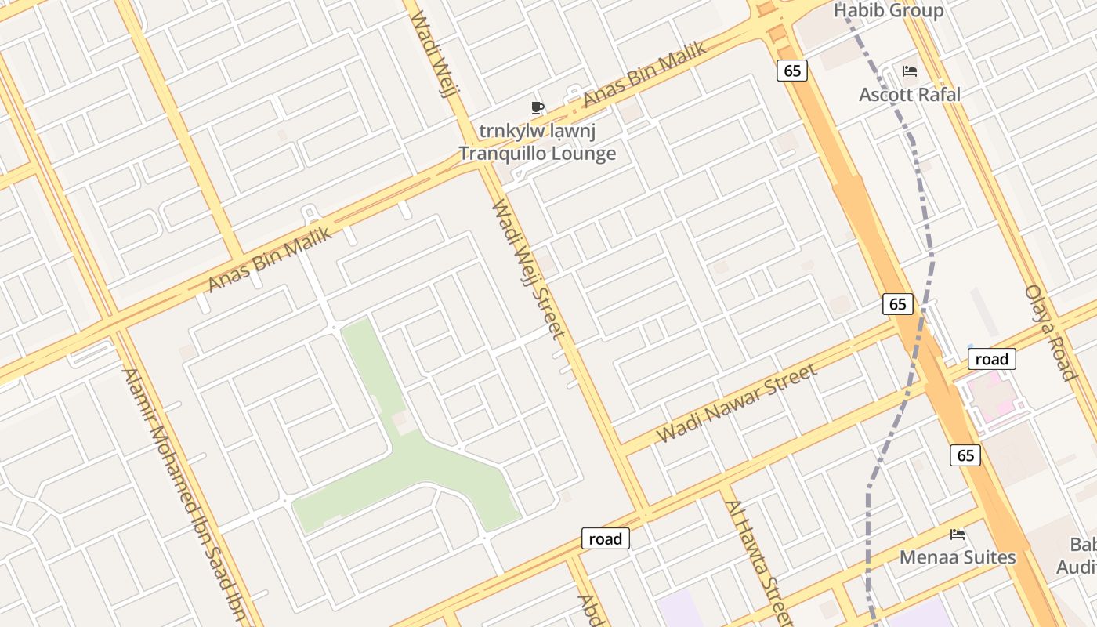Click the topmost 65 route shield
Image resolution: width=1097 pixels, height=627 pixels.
point(792,71)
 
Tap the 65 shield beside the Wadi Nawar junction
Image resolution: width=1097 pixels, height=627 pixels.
point(898,303)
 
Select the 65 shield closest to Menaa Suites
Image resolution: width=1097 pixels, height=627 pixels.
point(965,455)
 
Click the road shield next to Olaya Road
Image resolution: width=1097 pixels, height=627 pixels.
point(992,359)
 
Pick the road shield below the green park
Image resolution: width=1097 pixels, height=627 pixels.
point(605,538)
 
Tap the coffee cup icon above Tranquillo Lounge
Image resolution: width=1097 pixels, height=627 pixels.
point(537,107)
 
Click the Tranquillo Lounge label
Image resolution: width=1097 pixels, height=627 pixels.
point(537,153)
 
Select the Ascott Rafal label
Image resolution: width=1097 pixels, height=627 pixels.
point(909,94)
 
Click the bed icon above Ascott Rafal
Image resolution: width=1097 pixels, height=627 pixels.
point(909,71)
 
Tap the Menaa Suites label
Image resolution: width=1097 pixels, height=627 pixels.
point(957,557)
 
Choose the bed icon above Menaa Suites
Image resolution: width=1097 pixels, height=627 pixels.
point(957,535)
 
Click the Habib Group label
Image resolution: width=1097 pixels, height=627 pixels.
point(888,11)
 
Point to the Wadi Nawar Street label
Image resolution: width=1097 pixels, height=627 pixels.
point(737,403)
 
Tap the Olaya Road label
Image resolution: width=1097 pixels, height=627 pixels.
point(1051,332)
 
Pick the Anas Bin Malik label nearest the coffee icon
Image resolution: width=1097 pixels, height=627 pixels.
point(644,74)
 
